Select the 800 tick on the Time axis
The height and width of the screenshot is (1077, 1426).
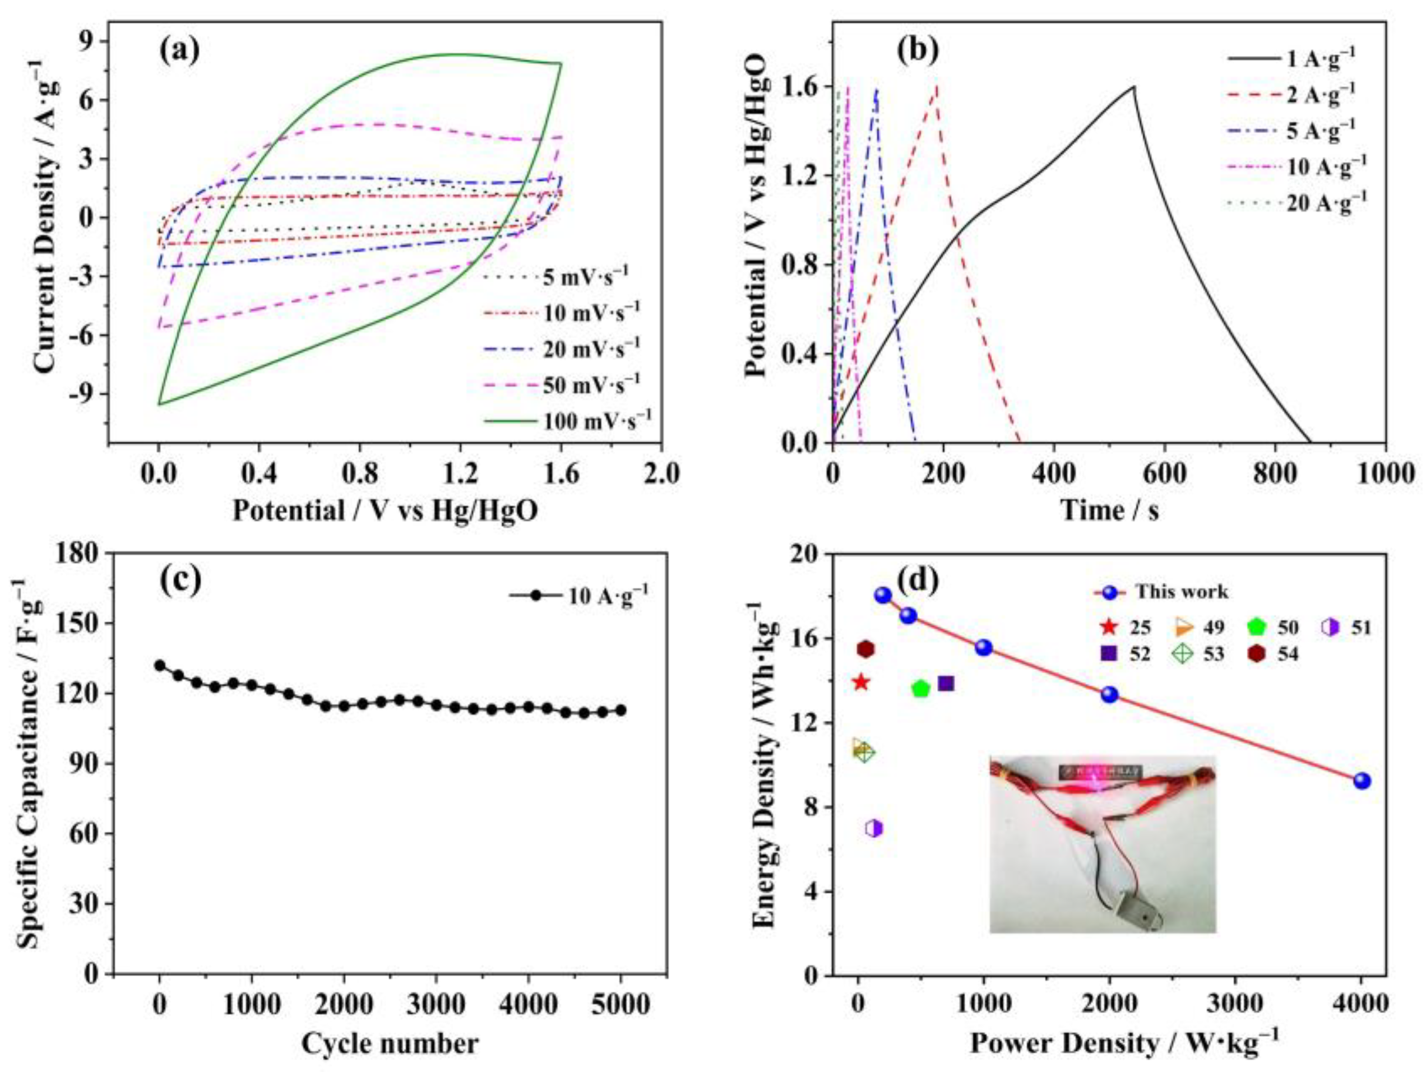pos(1275,475)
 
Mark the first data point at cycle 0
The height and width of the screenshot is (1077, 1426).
pos(160,665)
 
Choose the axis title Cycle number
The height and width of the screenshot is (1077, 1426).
pos(390,1043)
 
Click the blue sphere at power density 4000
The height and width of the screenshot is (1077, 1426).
pos(1362,781)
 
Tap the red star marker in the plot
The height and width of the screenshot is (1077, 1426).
pos(860,683)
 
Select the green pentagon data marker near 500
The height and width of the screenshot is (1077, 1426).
pos(920,688)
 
